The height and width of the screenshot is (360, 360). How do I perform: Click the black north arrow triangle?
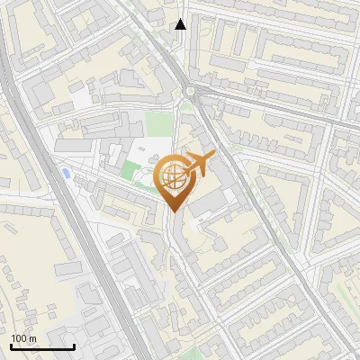pyautogui.click(x=181, y=24)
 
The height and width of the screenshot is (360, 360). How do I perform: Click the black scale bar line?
pyautogui.click(x=42, y=346)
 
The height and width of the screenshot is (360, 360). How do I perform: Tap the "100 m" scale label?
pyautogui.click(x=23, y=338)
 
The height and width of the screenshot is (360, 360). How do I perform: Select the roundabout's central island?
pyautogui.click(x=190, y=92)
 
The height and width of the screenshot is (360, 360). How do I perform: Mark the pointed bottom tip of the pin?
pyautogui.click(x=173, y=212)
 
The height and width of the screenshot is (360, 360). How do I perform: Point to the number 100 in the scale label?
pyautogui.click(x=19, y=338)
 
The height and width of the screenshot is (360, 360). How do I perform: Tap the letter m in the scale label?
pyautogui.click(x=31, y=338)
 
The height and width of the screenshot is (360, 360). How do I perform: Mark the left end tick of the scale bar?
pyautogui.click(x=11, y=346)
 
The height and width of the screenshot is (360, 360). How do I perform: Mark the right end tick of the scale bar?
pyautogui.click(x=74, y=346)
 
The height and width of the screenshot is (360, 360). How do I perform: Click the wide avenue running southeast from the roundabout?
pyautogui.click(x=261, y=207)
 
